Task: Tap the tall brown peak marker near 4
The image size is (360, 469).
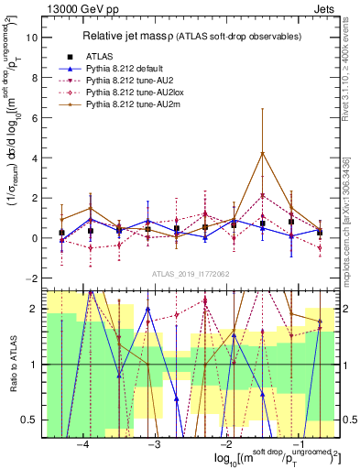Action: [263, 153]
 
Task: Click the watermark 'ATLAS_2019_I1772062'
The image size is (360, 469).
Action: [190, 273]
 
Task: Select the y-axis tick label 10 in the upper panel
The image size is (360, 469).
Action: [31, 38]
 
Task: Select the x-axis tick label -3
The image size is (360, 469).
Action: [154, 442]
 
